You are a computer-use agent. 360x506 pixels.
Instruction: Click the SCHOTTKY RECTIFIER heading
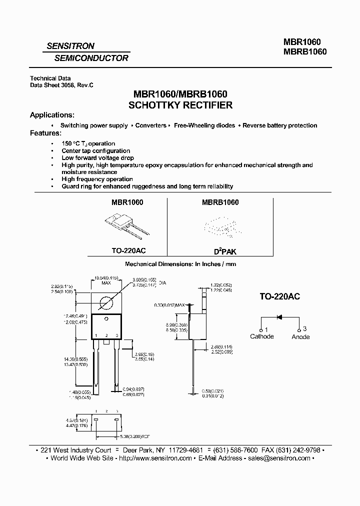click(180, 105)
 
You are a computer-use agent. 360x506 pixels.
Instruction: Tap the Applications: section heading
click(52, 115)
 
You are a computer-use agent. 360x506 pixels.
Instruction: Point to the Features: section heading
click(45, 133)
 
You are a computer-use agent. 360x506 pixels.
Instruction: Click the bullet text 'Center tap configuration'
click(95, 150)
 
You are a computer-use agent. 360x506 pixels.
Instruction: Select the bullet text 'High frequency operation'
click(97, 179)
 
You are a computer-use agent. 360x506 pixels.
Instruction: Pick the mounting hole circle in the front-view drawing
click(106, 303)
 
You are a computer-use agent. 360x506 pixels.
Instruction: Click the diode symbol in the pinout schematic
click(279, 317)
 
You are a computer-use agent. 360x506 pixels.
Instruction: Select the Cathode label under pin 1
click(261, 336)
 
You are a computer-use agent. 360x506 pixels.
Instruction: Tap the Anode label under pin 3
click(300, 337)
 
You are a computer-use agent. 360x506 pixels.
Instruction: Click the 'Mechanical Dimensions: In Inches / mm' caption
click(180, 263)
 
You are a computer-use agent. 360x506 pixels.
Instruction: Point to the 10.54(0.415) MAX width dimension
click(106, 280)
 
